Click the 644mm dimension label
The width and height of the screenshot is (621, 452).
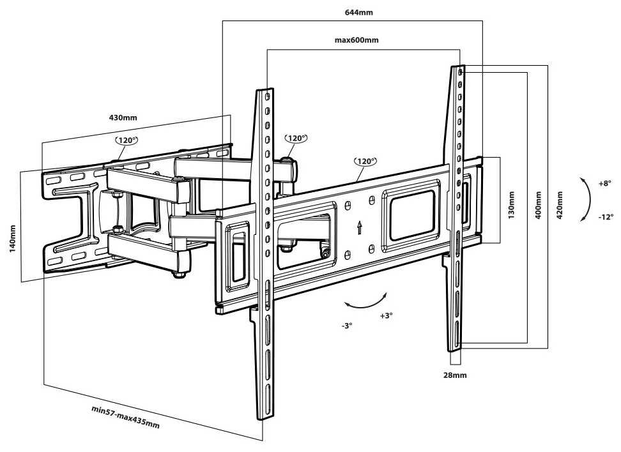tap(358, 12)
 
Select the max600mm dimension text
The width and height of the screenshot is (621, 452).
tap(356, 40)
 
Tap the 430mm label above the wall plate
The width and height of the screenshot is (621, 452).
tap(123, 117)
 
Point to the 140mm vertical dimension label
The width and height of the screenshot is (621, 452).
tap(13, 239)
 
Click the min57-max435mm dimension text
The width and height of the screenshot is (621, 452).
tap(126, 417)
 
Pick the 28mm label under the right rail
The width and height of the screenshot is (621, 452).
tap(455, 375)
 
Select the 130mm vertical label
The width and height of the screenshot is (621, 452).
tap(512, 205)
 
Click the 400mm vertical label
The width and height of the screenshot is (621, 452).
tap(538, 206)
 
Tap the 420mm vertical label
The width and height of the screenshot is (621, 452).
tap(560, 206)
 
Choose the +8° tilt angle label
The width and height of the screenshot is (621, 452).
tap(605, 184)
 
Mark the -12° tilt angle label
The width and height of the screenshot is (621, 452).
tap(606, 217)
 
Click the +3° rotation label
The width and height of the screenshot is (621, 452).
tap(386, 315)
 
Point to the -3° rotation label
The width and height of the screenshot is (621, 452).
tap(346, 326)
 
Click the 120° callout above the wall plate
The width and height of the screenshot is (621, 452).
tap(126, 140)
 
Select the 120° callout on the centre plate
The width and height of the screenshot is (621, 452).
tap(365, 162)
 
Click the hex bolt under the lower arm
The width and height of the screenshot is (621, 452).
tap(179, 274)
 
